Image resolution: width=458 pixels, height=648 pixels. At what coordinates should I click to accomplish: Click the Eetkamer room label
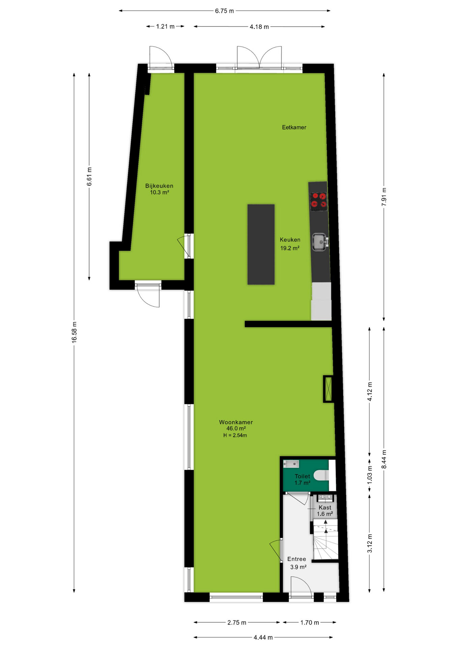click(294, 127)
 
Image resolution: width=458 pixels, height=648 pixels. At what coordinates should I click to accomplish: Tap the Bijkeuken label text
click(159, 186)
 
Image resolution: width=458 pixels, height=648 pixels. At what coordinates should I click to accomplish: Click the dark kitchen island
click(261, 244)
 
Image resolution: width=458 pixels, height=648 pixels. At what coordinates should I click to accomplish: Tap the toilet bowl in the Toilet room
click(322, 476)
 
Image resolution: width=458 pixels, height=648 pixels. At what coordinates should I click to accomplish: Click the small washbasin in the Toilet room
click(291, 464)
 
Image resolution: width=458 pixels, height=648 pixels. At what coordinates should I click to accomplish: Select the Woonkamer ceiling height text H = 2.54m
click(235, 435)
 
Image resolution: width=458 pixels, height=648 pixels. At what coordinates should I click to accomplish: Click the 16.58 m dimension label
click(75, 332)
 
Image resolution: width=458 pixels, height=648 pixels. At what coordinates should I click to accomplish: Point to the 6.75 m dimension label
click(225, 11)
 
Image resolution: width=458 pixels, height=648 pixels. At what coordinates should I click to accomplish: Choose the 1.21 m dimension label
click(165, 26)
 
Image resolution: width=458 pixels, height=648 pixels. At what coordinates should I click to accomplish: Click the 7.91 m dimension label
click(384, 197)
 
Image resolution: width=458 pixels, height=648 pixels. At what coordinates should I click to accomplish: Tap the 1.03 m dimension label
click(370, 475)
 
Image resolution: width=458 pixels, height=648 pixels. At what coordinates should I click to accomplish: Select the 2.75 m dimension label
click(237, 622)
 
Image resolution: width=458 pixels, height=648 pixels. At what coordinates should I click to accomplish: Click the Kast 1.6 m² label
click(325, 511)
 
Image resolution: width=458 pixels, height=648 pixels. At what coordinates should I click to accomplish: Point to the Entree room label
click(297, 559)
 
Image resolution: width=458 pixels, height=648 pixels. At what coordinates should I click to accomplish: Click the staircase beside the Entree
click(325, 539)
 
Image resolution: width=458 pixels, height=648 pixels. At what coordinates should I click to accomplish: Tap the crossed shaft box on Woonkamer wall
click(328, 389)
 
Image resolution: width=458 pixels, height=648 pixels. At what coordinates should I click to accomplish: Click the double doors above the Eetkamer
click(259, 58)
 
